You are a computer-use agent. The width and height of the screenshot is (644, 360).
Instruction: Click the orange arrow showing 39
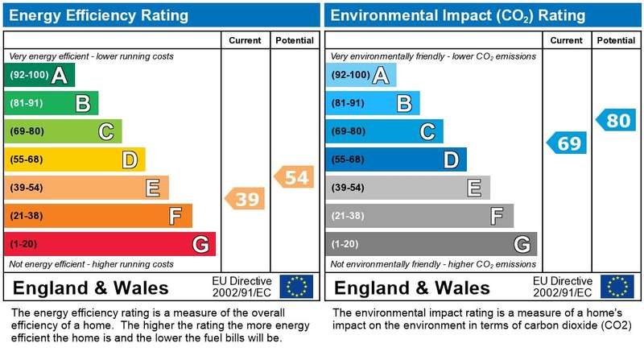[245, 199]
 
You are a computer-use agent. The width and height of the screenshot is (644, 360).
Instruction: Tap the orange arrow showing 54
[294, 177]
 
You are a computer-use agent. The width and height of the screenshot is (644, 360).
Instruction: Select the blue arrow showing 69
[567, 143]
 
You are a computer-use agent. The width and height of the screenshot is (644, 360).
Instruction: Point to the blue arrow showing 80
[616, 120]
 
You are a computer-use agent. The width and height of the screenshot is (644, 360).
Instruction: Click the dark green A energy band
[39, 75]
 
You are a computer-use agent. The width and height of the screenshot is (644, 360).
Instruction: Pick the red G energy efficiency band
[109, 244]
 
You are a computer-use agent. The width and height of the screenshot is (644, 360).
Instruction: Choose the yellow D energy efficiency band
[75, 159]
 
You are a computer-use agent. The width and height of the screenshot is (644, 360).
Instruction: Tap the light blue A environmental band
[361, 75]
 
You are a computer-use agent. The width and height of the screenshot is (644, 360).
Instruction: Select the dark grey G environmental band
[431, 244]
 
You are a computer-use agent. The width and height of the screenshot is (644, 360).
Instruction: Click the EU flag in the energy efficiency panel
[296, 287]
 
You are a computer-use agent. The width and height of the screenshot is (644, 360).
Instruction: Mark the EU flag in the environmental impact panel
[617, 287]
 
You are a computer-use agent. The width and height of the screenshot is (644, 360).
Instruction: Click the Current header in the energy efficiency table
[245, 40]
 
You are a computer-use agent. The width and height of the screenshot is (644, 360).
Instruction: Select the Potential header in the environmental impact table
[616, 40]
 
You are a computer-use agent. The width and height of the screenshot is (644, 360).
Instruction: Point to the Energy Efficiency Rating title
[98, 15]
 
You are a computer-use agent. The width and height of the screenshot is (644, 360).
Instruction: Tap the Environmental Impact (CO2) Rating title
[458, 15]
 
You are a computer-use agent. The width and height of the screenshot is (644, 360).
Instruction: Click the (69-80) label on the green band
[27, 131]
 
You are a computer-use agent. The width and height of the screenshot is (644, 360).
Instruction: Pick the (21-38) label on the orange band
[27, 216]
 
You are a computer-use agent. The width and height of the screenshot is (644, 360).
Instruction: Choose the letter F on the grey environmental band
[497, 216]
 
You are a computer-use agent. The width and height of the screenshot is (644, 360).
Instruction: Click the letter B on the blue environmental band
[404, 103]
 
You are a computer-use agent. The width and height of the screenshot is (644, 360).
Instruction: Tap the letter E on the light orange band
[153, 188]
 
